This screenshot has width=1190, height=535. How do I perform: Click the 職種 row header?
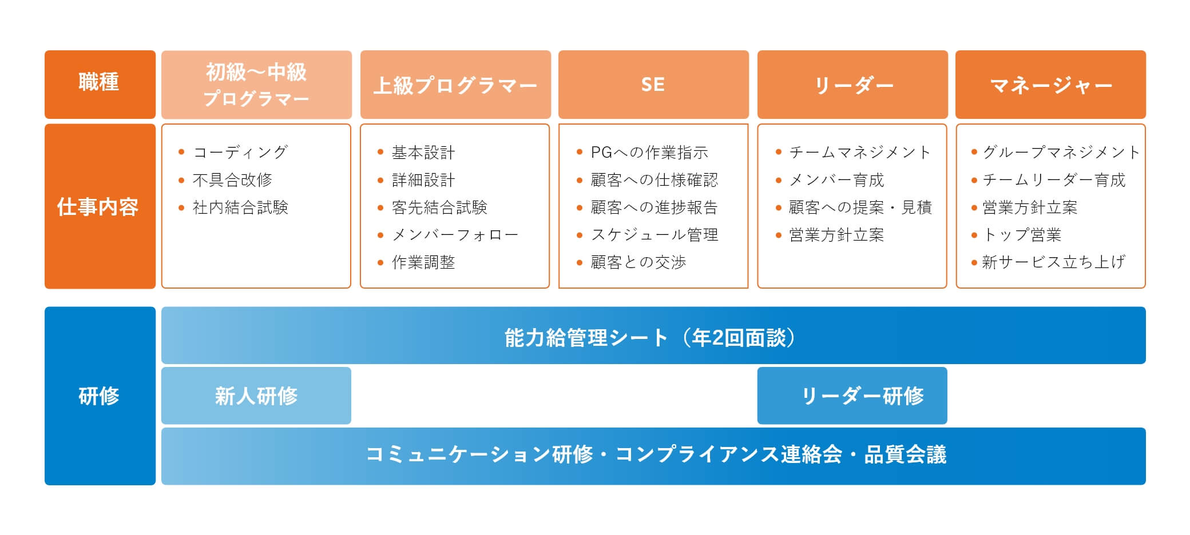(x=100, y=83)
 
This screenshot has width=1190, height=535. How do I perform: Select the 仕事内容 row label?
(x=98, y=206)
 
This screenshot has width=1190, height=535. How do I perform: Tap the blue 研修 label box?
(x=100, y=396)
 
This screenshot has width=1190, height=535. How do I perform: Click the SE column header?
(x=653, y=85)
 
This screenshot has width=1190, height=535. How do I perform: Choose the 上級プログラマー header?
(x=455, y=85)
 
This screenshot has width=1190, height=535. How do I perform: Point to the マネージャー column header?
(x=1050, y=85)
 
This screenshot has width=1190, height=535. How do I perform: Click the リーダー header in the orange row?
(x=852, y=85)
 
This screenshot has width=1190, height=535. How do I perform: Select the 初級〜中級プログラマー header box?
(x=256, y=85)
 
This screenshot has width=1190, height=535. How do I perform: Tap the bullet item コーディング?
(x=240, y=152)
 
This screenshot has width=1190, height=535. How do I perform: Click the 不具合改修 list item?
(x=232, y=179)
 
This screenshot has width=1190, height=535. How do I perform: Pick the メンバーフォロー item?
(x=455, y=234)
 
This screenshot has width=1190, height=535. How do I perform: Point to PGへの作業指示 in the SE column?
(x=649, y=152)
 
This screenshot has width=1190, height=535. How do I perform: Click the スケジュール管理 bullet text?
(x=654, y=234)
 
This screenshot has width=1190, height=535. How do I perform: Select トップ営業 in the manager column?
(x=1022, y=234)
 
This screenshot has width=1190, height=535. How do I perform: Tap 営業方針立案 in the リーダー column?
(x=836, y=234)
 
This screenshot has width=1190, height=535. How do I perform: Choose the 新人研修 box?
(x=256, y=396)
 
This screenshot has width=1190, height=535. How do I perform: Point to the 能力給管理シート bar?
(x=586, y=337)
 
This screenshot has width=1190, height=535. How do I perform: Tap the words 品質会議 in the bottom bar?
(x=905, y=454)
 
